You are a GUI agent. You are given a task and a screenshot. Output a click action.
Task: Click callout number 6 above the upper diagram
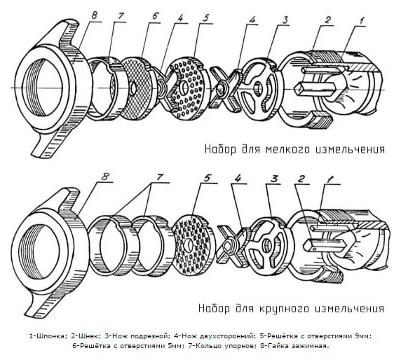155,16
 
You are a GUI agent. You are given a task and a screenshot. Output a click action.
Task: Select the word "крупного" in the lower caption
285,308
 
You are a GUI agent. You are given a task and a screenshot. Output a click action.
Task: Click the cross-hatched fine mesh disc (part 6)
135,88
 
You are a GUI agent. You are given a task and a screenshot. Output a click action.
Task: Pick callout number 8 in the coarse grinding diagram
106,176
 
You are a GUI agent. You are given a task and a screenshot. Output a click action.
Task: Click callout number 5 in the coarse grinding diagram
207,178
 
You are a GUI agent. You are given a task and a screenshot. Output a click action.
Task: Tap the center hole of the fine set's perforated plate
184,88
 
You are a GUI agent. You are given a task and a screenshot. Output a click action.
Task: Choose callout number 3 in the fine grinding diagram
285,20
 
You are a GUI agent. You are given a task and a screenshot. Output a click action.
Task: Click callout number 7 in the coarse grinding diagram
160,177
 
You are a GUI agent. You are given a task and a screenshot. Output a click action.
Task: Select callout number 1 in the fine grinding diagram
361,21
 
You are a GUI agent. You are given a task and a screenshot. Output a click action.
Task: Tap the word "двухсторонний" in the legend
226,336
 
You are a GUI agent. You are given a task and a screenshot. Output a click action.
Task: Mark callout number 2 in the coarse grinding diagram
302,179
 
